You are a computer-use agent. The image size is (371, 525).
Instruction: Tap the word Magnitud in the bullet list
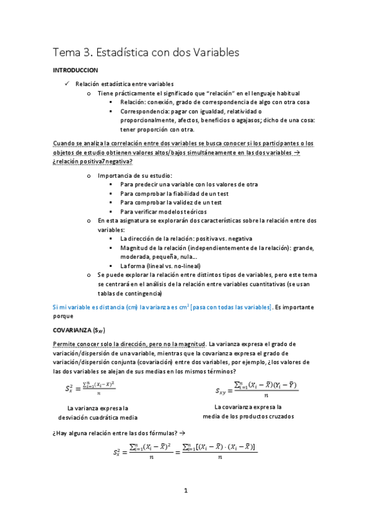click(x=136, y=248)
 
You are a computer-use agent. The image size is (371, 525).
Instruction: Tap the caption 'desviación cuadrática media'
click(x=102, y=418)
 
